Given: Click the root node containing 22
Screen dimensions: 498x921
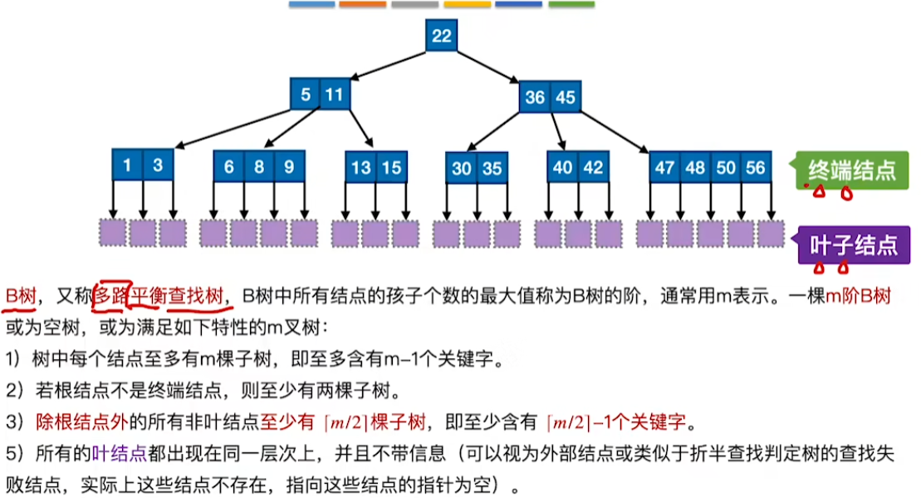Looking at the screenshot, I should pyautogui.click(x=441, y=36).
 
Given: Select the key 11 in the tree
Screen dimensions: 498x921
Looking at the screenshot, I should pyautogui.click(x=334, y=95).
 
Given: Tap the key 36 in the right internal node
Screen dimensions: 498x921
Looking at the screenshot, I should pyautogui.click(x=535, y=97).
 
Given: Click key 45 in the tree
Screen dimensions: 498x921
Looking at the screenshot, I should pyautogui.click(x=566, y=97).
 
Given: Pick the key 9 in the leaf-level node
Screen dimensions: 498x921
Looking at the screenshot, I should pyautogui.click(x=289, y=166).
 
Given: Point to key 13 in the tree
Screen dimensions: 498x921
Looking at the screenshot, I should pyautogui.click(x=360, y=167).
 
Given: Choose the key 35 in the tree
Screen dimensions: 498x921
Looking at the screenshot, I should pyautogui.click(x=492, y=169).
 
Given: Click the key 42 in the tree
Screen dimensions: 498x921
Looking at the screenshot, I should pyautogui.click(x=593, y=167).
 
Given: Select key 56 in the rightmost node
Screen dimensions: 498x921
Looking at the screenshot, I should pyautogui.click(x=755, y=167).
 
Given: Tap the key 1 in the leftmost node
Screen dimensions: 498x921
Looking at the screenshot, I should pyautogui.click(x=127, y=165).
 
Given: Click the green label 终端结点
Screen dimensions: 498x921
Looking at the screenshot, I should pyautogui.click(x=851, y=171).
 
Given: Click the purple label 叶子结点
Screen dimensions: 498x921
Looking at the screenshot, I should pyautogui.click(x=853, y=245).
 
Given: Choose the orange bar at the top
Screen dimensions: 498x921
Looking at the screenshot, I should pyautogui.click(x=363, y=4).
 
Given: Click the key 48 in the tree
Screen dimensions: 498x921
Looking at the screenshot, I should pyautogui.click(x=695, y=167).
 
